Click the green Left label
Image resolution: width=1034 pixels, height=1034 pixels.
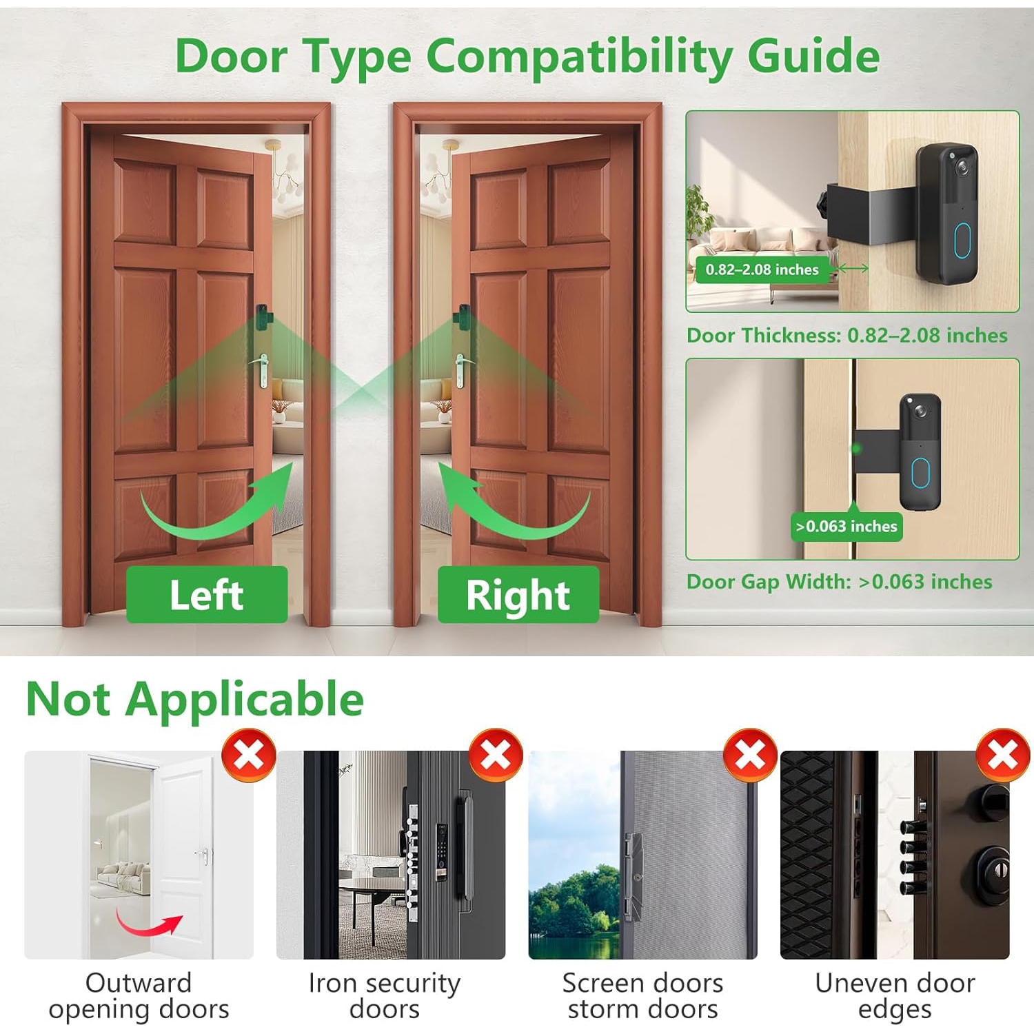(207, 595)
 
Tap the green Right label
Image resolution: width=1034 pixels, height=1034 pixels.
(518, 595)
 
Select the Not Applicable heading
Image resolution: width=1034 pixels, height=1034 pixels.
(194, 699)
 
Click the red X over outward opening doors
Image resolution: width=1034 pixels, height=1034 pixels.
(249, 755)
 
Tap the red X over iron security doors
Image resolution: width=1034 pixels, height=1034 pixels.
(496, 755)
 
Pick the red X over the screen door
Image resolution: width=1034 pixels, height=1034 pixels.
(750, 755)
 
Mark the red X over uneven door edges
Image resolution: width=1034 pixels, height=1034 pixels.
(1003, 755)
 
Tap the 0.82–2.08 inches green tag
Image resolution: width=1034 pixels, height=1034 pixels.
(762, 270)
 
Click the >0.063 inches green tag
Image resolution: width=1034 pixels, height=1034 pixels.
(847, 527)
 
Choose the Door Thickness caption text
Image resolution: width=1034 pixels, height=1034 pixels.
(847, 336)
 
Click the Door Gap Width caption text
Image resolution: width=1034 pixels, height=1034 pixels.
(839, 582)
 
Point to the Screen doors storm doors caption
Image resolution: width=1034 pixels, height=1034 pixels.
(642, 995)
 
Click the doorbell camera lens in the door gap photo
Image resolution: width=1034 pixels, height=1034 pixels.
(920, 411)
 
